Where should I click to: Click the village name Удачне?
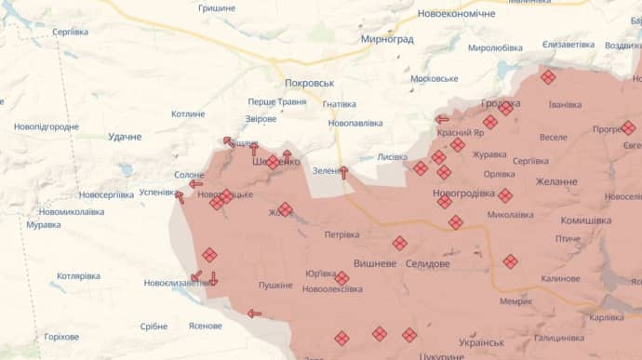[125, 137]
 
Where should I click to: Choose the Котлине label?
[188, 113]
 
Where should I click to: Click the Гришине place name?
[217, 7]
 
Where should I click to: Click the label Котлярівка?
[78, 276]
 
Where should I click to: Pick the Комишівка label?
[585, 220]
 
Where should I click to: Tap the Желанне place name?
[556, 181]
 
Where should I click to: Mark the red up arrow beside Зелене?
[343, 172]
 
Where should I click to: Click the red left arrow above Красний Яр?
[442, 119]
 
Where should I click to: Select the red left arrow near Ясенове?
[254, 313]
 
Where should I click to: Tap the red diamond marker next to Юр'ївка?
[341, 278]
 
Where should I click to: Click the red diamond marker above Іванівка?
[548, 76]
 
